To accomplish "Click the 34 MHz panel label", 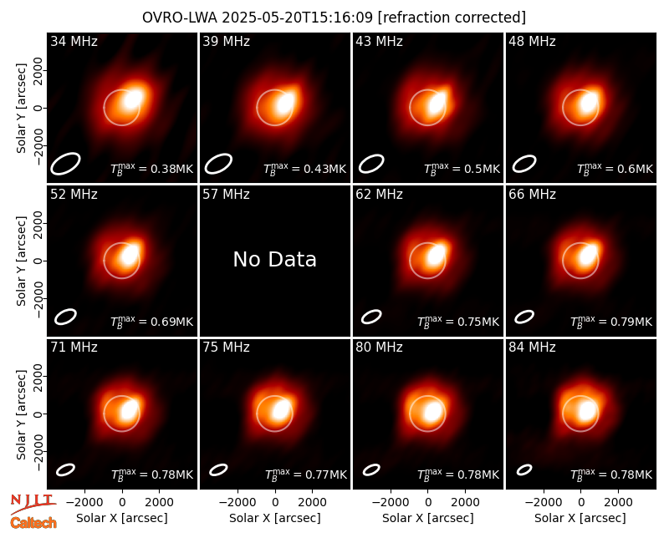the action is (x=74, y=41).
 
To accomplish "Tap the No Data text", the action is (x=275, y=259).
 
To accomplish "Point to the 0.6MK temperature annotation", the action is (x=635, y=169).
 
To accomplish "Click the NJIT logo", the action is (x=33, y=504).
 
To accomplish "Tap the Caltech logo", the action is (x=33, y=523).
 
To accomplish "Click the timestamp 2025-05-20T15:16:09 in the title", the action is (x=297, y=18).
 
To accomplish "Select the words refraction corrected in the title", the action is (x=452, y=18).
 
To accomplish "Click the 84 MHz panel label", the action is (x=532, y=348).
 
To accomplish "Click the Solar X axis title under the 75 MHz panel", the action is (x=275, y=518).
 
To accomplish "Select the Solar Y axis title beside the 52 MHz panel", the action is (x=22, y=261).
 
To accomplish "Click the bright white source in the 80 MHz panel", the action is (x=433, y=411).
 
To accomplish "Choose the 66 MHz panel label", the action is (x=532, y=195).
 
